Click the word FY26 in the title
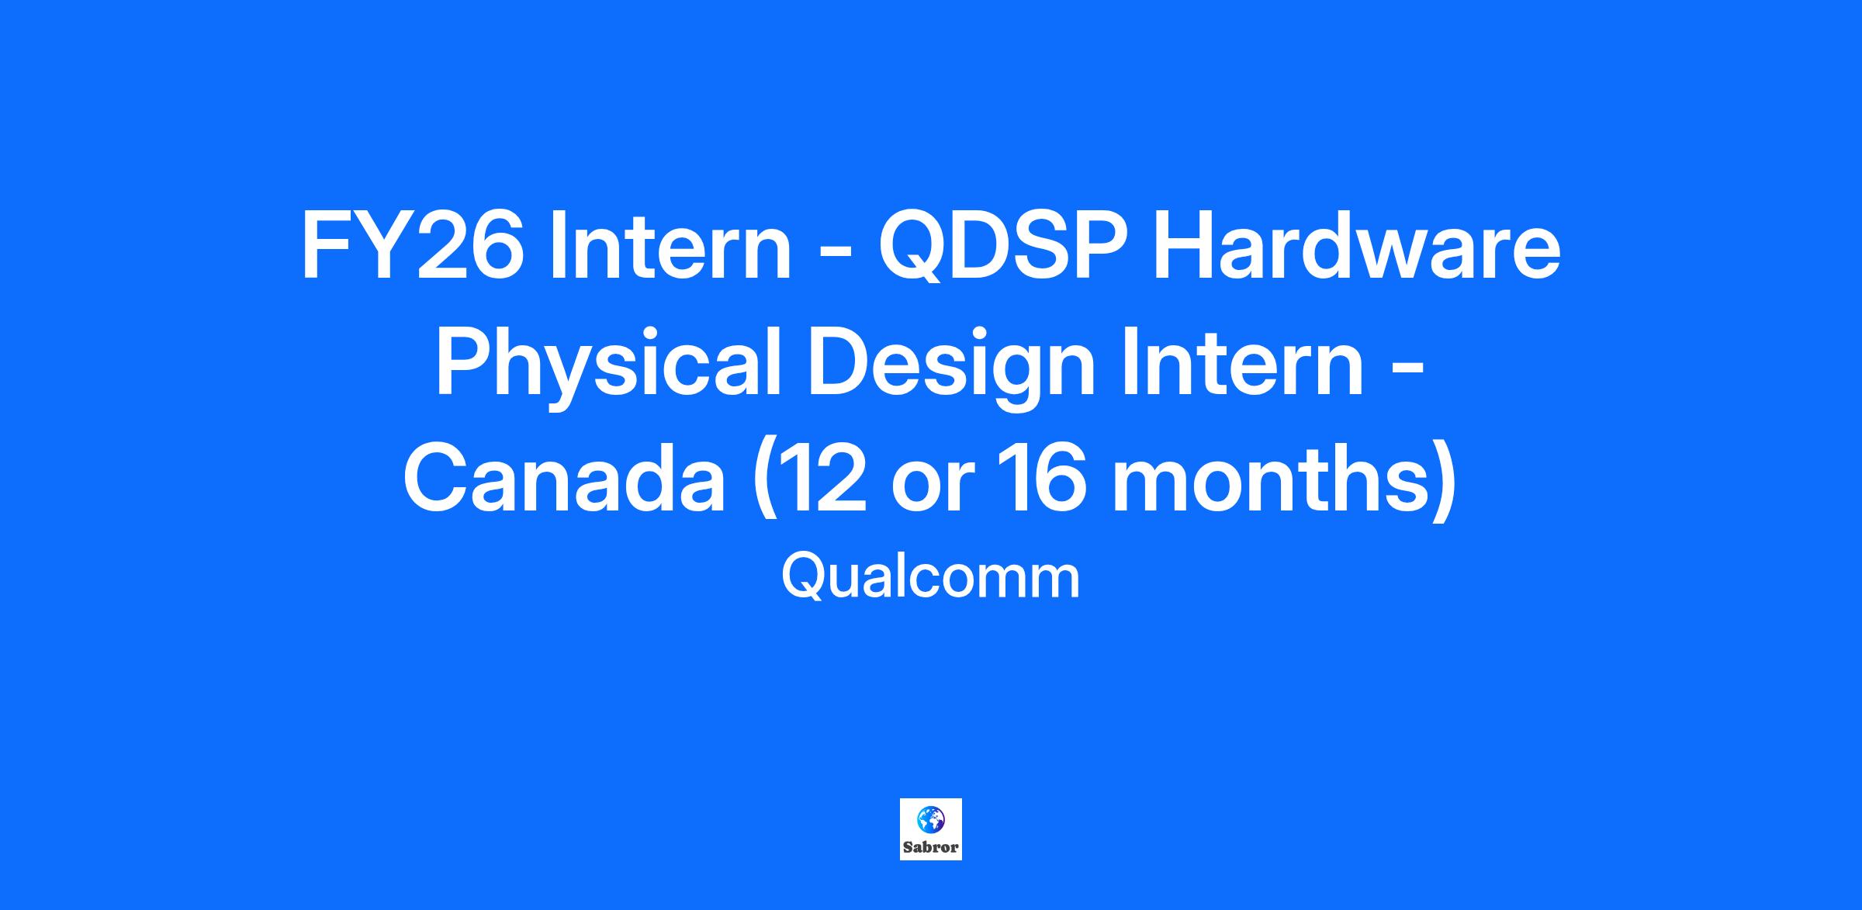click(412, 246)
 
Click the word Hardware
click(1356, 246)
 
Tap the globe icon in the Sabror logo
click(930, 818)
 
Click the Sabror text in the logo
click(930, 847)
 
